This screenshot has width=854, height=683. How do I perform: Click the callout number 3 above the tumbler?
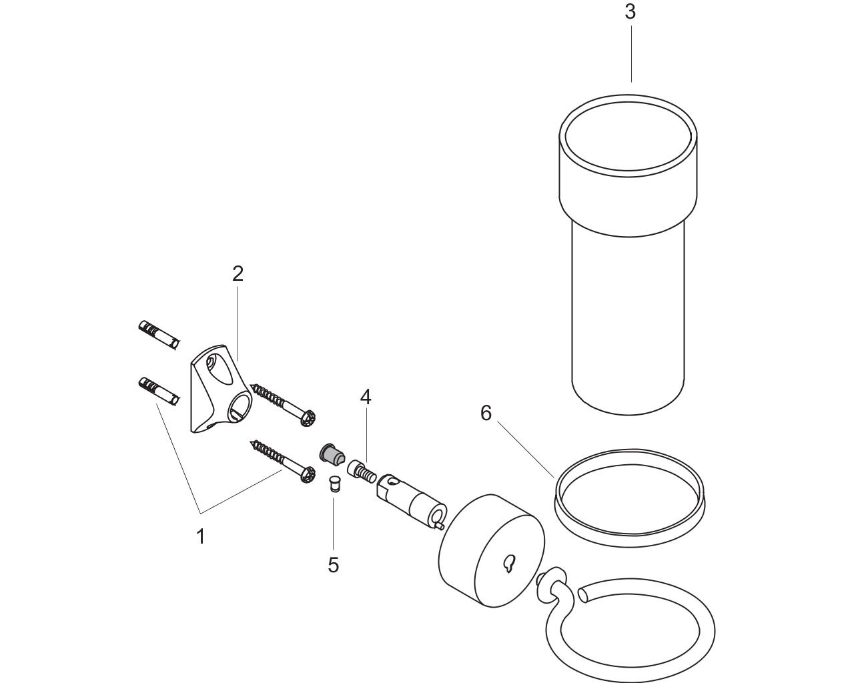tap(630, 12)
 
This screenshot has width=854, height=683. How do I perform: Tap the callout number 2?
tap(238, 274)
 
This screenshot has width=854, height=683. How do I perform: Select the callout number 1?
tap(201, 536)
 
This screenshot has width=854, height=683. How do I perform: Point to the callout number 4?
tap(366, 397)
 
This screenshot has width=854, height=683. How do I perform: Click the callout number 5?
tap(334, 565)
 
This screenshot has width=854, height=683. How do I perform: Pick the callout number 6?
tap(486, 413)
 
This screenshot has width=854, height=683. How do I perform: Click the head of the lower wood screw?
tap(308, 475)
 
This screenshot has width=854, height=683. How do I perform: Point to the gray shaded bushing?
tap(332, 454)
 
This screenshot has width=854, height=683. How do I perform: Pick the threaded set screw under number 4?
tap(362, 472)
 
